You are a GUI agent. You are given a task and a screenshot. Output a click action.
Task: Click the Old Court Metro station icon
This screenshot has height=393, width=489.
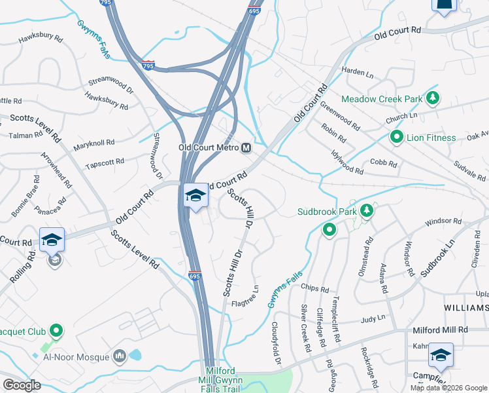click(x=246, y=147)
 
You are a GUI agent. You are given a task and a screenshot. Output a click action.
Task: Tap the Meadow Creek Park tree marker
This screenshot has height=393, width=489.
click(x=431, y=98)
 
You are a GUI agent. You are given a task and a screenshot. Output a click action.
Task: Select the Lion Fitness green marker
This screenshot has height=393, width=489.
click(x=396, y=138)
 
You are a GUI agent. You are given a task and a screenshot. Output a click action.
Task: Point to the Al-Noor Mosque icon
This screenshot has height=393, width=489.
click(x=119, y=356)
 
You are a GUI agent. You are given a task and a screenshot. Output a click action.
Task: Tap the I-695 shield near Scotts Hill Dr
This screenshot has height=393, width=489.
click(x=194, y=276)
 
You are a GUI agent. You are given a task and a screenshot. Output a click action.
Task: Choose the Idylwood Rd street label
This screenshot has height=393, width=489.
click(x=347, y=162)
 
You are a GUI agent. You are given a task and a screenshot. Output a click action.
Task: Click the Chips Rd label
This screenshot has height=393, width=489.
click(x=314, y=288)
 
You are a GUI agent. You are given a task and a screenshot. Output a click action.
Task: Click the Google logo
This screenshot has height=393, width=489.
click(x=22, y=384)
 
